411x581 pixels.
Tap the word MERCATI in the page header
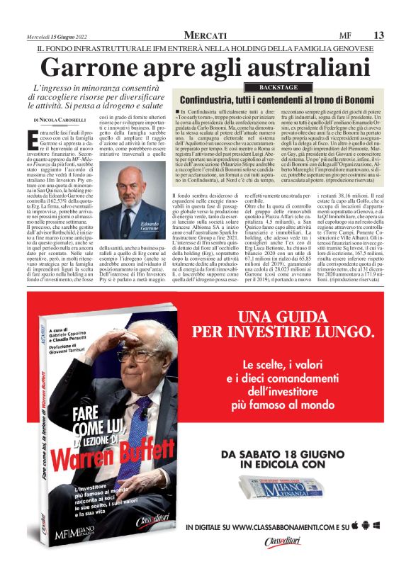point(205,35)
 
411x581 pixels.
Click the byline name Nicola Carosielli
point(63,120)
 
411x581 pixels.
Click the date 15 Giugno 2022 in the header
point(57,36)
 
